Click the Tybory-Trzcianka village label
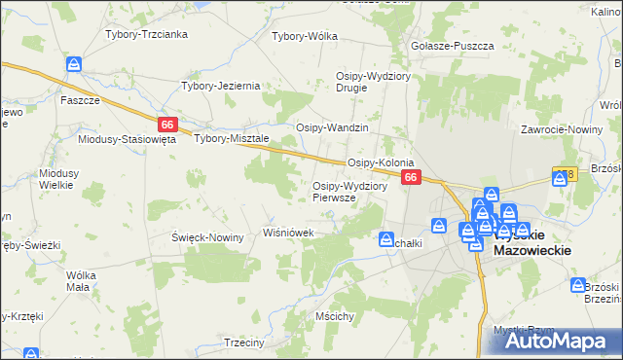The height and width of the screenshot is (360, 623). (153, 34)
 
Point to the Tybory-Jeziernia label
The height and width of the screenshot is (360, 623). (221, 86)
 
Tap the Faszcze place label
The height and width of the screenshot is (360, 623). (80, 100)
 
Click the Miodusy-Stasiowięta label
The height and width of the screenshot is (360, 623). (127, 139)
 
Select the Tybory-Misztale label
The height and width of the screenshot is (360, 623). (232, 138)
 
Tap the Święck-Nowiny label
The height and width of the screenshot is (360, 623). (206, 237)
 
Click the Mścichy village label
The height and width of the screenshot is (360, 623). (334, 316)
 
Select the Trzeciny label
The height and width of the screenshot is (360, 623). (244, 342)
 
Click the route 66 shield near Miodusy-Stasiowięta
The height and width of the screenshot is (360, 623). (167, 124)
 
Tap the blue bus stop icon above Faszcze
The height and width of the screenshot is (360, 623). (75, 64)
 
